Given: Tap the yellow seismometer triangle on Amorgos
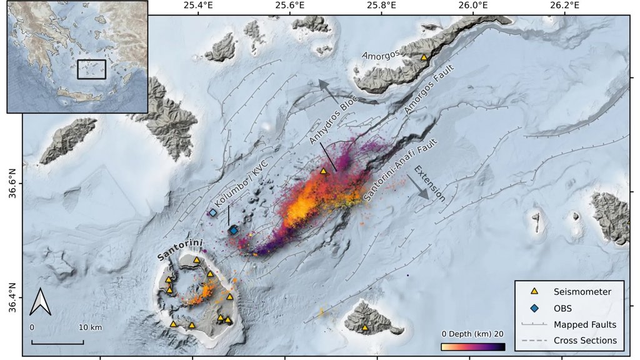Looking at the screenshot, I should pyautogui.click(x=424, y=57).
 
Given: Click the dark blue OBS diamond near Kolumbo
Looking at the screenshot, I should pyautogui.click(x=233, y=231).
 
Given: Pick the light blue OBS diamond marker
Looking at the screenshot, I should pyautogui.click(x=213, y=212).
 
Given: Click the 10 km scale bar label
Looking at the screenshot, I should pyautogui.click(x=90, y=327).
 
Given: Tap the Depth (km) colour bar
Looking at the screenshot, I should pyautogui.click(x=472, y=346).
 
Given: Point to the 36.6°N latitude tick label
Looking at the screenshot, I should pyautogui.click(x=11, y=184).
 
